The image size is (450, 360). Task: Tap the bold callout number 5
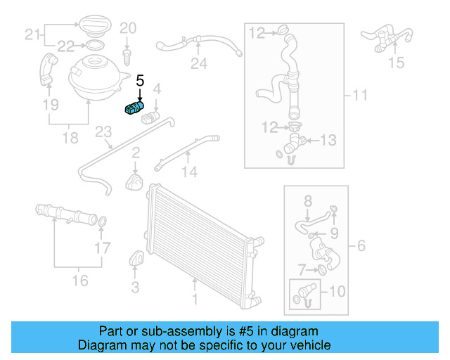tap(140, 81)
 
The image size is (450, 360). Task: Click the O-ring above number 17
tap(102, 224)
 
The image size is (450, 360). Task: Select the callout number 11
tap(360, 95)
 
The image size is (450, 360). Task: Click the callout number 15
tap(397, 63)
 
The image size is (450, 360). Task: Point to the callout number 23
tap(103, 132)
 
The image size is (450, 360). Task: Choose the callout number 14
tap(191, 171)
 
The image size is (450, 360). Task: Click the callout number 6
tap(362, 246)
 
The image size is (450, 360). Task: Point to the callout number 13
tap(329, 141)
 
